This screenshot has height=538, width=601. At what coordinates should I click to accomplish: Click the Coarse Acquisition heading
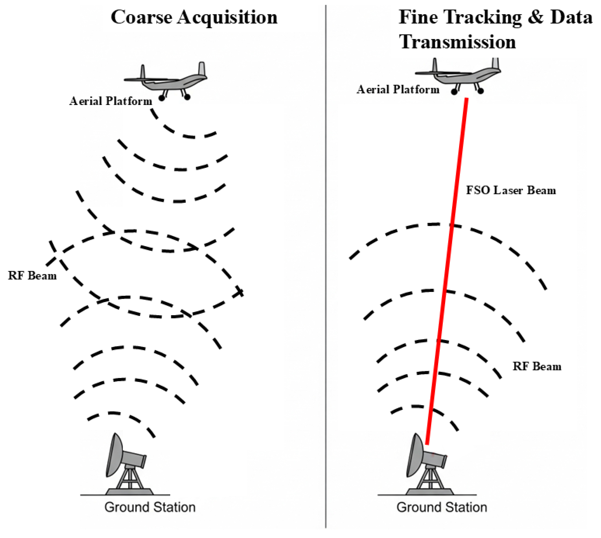[x=194, y=17]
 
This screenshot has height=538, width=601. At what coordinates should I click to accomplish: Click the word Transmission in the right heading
[x=457, y=42]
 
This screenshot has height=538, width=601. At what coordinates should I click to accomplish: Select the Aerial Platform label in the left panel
[x=110, y=101]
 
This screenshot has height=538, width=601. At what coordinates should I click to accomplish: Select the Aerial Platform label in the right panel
[x=398, y=90]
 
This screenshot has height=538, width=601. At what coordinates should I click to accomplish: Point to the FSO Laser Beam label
[x=511, y=191]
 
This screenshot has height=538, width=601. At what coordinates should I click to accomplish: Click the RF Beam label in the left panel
[x=32, y=276]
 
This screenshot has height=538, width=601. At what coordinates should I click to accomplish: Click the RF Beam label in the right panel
[x=537, y=367]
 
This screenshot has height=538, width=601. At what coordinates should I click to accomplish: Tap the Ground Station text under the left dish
[x=150, y=507]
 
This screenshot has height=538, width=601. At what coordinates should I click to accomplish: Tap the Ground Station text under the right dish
[x=442, y=507]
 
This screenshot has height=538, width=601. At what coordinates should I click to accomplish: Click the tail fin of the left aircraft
[x=202, y=69]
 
